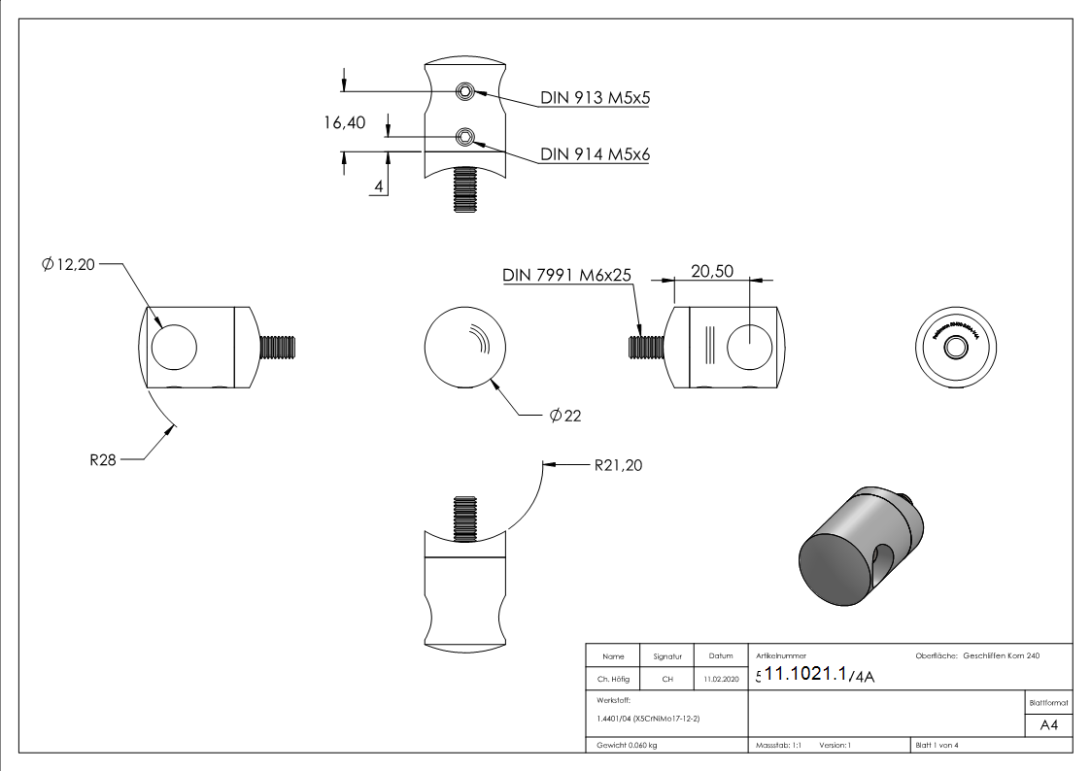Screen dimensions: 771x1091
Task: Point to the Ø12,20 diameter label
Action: click(x=68, y=264)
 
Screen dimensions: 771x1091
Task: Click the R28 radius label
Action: click(x=103, y=460)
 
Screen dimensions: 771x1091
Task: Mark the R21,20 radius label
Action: click(x=618, y=465)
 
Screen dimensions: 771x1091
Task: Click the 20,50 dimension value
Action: click(x=712, y=272)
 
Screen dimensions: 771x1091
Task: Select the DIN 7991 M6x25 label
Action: click(x=567, y=276)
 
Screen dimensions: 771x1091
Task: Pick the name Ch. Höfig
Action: click(x=613, y=680)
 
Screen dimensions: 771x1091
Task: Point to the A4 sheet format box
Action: click(x=1048, y=725)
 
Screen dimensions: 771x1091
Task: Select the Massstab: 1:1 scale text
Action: click(x=778, y=745)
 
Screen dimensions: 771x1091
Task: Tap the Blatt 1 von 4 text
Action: click(x=937, y=745)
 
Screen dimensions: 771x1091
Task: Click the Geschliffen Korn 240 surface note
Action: click(x=1001, y=656)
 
